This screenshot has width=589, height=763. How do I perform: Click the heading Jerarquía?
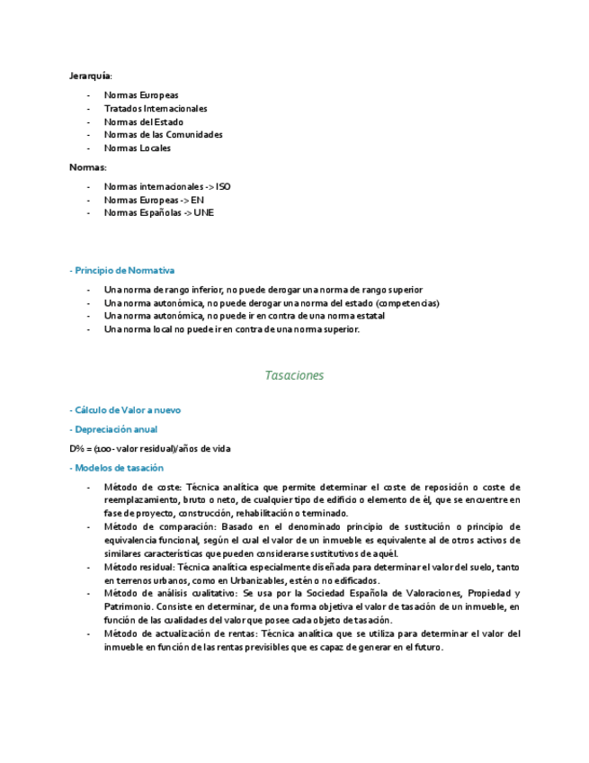coord(91,76)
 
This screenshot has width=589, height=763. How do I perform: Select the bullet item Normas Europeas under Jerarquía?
coord(141,95)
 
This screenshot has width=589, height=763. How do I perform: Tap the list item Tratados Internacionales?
coord(156,109)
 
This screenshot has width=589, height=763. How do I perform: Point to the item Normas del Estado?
coord(144,122)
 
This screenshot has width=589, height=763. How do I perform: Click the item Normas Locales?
coord(138,148)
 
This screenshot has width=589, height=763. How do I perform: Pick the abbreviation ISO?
coord(223,187)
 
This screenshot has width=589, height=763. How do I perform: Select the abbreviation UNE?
coord(204,213)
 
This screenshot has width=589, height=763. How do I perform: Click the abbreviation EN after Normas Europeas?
coord(198,200)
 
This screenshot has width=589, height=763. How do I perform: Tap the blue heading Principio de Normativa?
coord(124,270)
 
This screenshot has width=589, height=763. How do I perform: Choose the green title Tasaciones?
coord(294,375)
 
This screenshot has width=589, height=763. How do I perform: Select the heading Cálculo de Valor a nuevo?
coord(127,410)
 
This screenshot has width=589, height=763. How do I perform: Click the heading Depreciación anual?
coord(116,429)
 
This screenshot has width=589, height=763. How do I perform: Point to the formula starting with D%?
coord(153,448)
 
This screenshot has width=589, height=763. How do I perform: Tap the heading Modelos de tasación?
coord(119,468)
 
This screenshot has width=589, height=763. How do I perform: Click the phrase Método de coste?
coord(142,487)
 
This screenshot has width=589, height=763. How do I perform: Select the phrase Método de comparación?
coord(159,526)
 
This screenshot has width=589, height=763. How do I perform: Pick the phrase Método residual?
coord(139,568)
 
